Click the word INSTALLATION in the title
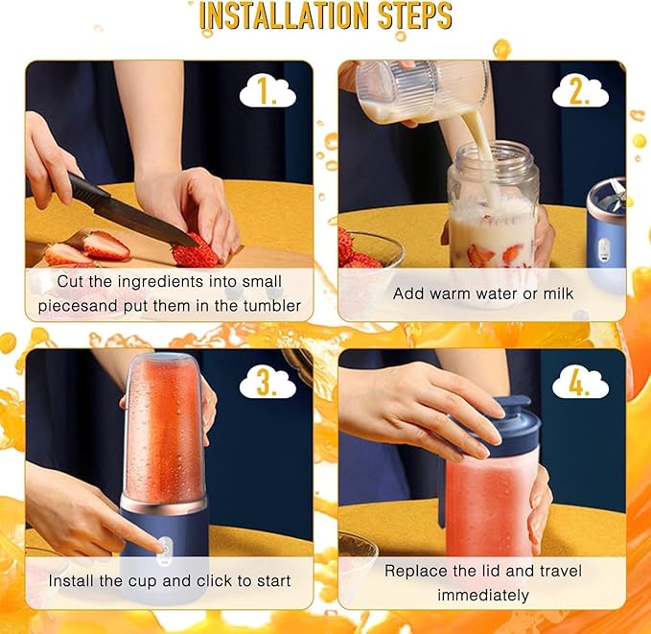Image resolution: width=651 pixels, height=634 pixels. tap(284, 16)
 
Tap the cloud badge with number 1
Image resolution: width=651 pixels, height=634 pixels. tap(267, 92)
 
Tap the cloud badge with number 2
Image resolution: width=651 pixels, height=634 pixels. tap(580, 92)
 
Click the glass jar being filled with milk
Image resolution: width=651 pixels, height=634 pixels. tap(493, 216)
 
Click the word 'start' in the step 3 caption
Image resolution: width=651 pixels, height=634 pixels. tap(269, 581)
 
